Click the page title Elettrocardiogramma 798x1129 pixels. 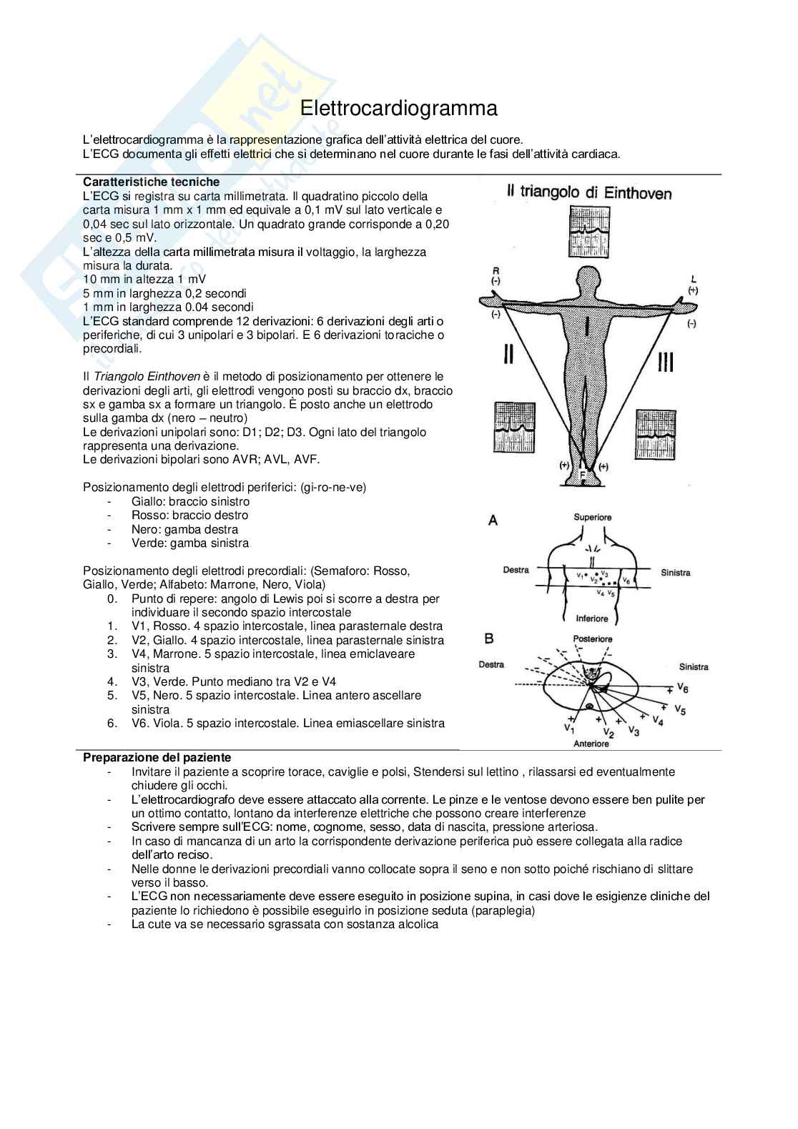398,109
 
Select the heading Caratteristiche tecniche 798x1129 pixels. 151,182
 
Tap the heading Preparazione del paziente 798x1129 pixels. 157,757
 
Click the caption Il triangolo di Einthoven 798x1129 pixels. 588,192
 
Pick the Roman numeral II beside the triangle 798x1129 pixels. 508,354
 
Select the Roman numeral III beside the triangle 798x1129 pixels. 665,363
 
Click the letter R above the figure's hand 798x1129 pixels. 495,270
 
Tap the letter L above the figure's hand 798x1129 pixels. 694,279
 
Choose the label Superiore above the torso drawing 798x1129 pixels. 592,517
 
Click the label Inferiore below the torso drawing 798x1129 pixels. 591,618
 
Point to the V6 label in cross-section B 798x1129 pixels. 682,688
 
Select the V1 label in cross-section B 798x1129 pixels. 569,728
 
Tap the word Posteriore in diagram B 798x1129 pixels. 593,639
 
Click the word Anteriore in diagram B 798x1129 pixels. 591,744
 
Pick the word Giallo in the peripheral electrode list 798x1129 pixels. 148,501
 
